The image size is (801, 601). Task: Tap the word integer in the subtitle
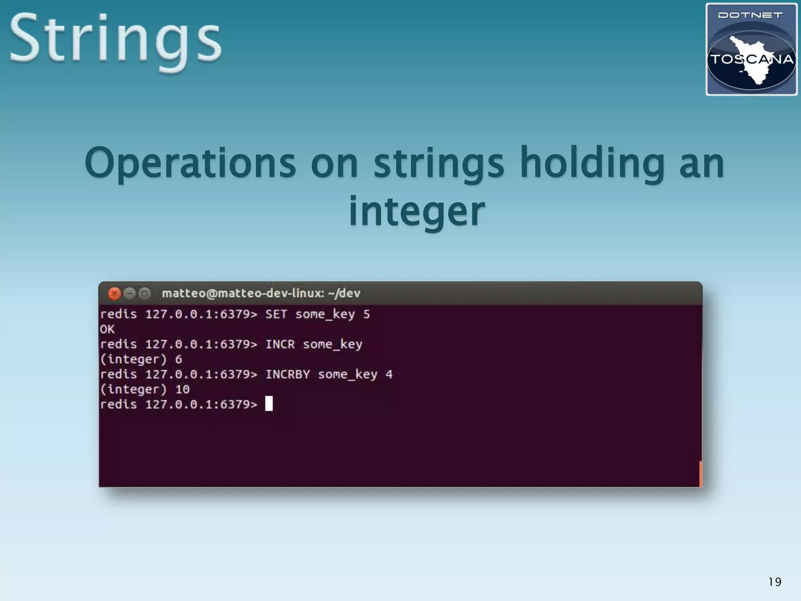coord(417,211)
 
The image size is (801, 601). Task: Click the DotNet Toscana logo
coord(751,49)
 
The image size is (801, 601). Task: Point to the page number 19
coord(774,582)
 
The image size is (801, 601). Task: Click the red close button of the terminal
coord(114,293)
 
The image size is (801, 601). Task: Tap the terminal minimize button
coord(129,293)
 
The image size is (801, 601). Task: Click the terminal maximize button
coord(145,293)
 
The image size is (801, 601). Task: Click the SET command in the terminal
coord(276,315)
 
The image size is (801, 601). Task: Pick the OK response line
coord(107,329)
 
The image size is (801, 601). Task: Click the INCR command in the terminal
coord(280,345)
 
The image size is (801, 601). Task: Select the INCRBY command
coord(287,375)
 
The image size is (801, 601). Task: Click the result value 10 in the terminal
coord(182,390)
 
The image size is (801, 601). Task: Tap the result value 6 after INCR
coord(179,360)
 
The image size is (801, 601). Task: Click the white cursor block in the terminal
coord(269,404)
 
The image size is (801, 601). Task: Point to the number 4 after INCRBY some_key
coord(389,375)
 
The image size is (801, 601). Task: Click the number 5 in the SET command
coord(366,315)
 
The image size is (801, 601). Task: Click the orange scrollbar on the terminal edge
coord(700,474)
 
